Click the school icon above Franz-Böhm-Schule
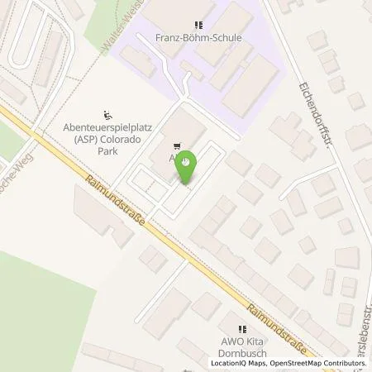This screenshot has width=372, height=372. (197, 26)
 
